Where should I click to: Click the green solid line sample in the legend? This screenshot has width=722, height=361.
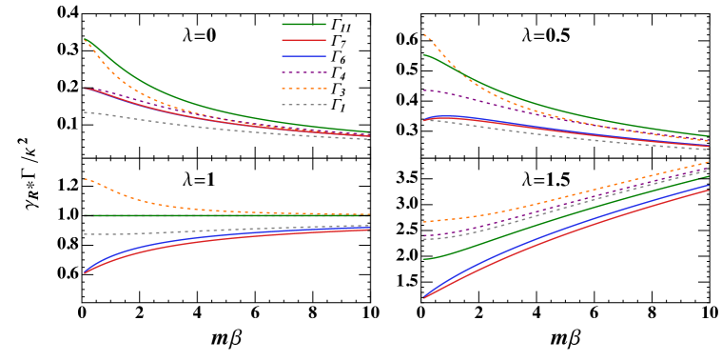[x=303, y=24]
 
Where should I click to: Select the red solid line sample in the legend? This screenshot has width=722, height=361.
[x=303, y=40]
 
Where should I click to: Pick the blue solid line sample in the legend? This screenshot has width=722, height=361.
[x=303, y=56]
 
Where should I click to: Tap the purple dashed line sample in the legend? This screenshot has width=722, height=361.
[x=303, y=72]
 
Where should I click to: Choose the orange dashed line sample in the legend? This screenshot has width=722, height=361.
[x=303, y=89]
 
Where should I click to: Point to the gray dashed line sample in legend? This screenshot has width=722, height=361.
[x=303, y=105]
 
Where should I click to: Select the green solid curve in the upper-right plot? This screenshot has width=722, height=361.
[x=571, y=112]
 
